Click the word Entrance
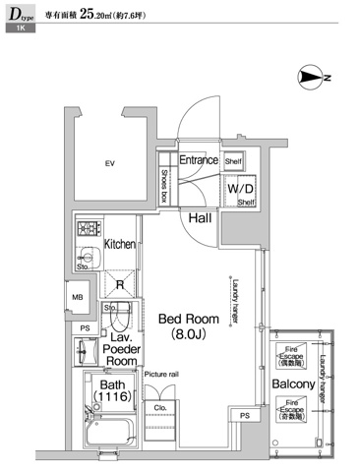tap(197, 160)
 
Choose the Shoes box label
tap(164, 184)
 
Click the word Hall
tap(201, 218)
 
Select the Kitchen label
tap(119, 244)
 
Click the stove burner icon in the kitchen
tap(85, 231)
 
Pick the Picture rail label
tap(160, 375)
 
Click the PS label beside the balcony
tap(244, 416)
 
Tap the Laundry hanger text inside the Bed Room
tap(237, 296)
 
